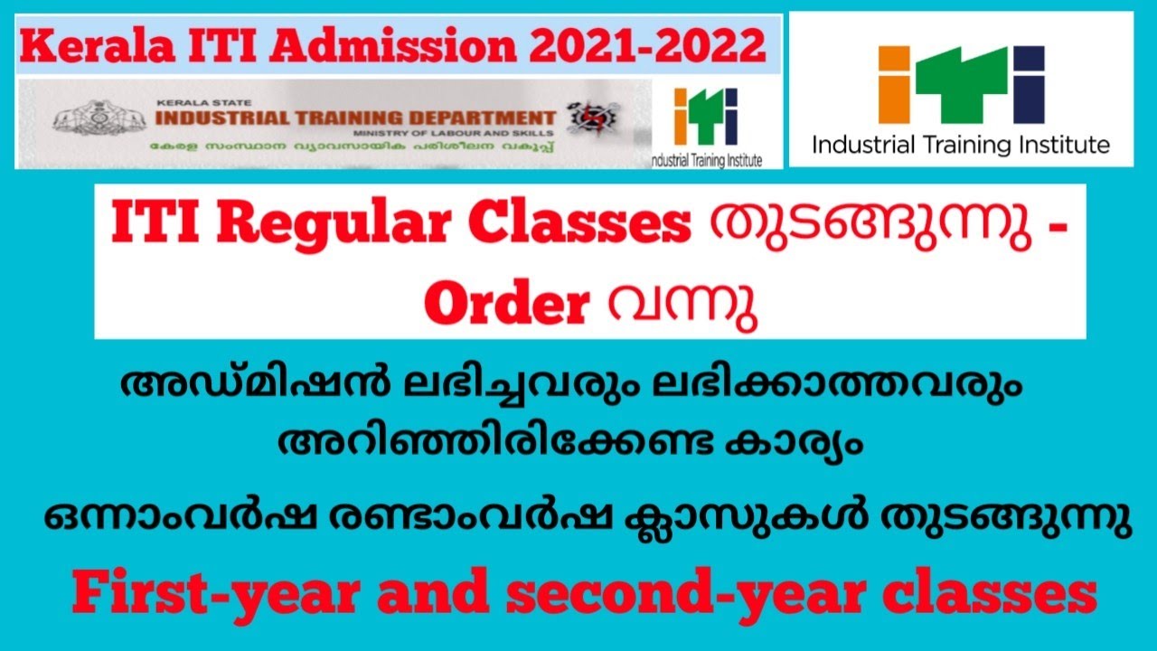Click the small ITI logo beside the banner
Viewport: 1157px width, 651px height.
(x=706, y=118)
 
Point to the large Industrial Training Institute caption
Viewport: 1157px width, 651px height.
(x=961, y=144)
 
